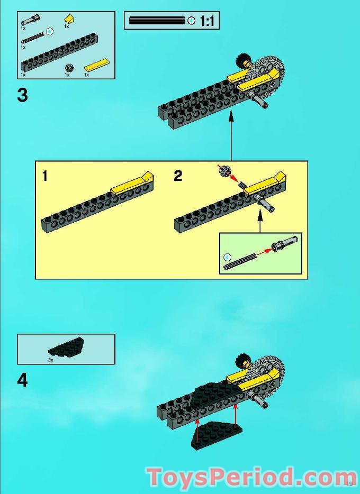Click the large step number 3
(22, 96)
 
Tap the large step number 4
(22, 380)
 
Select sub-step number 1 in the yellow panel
(45, 176)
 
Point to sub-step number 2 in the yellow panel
(178, 176)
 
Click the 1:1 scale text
(207, 21)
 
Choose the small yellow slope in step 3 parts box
(68, 19)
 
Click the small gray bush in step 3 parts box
(68, 67)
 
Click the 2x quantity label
(51, 359)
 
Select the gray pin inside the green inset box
(277, 246)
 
